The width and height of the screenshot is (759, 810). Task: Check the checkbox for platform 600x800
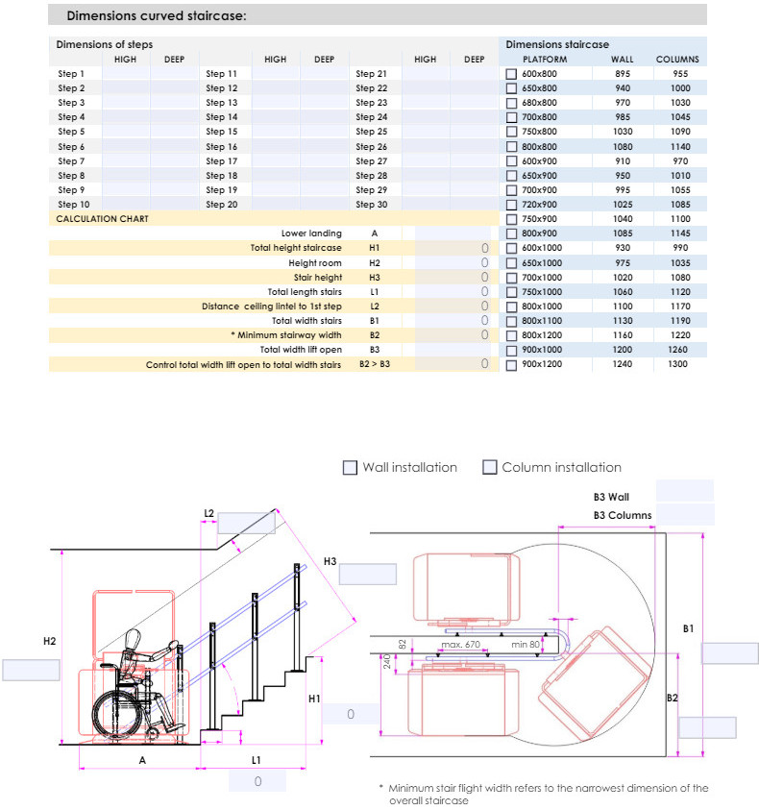point(512,74)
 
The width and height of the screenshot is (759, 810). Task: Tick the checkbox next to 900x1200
point(512,365)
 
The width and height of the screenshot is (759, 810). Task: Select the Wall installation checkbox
point(350,468)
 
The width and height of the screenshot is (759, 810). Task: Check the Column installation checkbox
point(490,468)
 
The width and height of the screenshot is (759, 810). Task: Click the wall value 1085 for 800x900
point(622,233)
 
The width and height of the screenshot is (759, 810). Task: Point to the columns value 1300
point(677,365)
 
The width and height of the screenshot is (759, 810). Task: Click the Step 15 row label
point(221,132)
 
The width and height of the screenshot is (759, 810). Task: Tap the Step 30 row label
point(371,205)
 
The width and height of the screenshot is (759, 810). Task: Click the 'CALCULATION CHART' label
point(102,219)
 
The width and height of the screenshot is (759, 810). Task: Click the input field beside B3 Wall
point(684,490)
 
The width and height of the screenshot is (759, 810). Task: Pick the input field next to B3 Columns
point(684,515)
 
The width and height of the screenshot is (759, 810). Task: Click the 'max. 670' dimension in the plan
point(460,644)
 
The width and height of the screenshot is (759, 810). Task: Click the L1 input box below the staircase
point(257,781)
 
